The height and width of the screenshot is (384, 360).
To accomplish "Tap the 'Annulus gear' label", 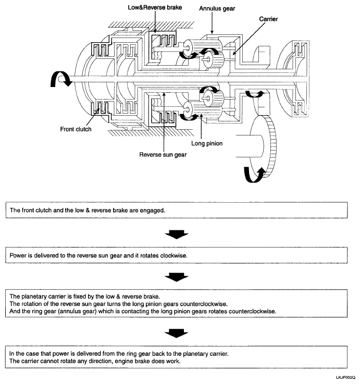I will click(217, 9).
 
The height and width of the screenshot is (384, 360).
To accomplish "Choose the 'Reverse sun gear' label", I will click(164, 154).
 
